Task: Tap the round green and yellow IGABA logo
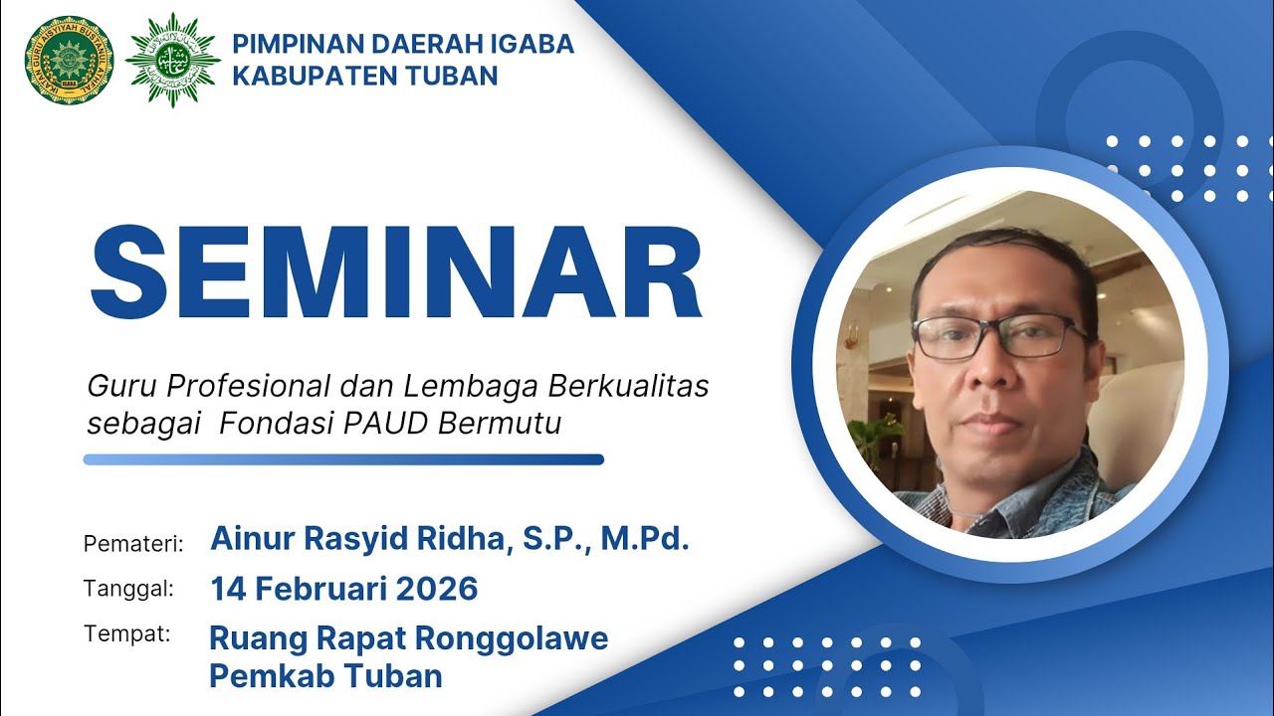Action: [69, 61]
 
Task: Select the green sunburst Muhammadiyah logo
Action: [172, 61]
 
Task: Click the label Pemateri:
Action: [134, 544]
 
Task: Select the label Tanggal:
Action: [129, 588]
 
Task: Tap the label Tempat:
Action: [127, 633]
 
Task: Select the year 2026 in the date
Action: [437, 589]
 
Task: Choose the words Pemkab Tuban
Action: [325, 676]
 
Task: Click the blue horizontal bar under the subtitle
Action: [343, 459]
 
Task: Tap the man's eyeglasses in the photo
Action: [997, 336]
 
